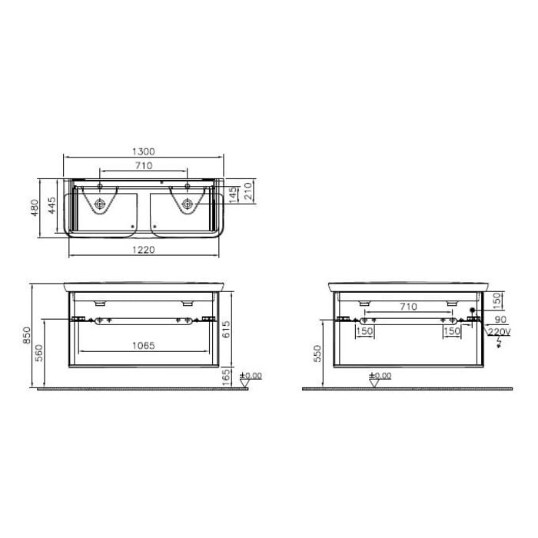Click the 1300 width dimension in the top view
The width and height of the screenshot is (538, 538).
pos(144,151)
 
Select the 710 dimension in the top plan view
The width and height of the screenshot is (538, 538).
pos(144,165)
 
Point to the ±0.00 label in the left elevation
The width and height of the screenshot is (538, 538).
pos(251,375)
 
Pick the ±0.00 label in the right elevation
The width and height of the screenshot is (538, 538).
pos(380,376)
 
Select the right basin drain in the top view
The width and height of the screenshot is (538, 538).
pos(187,204)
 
